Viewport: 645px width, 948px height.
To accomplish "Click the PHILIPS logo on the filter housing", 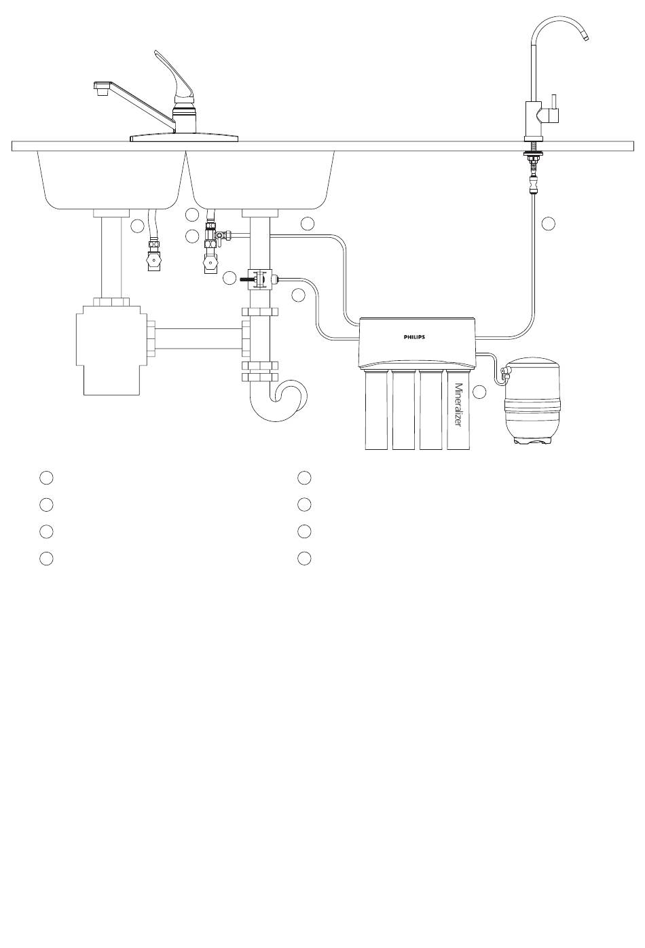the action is coord(413,337).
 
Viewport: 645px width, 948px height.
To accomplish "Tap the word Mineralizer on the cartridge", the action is coord(458,406).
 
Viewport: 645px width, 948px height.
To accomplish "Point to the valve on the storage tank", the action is coord(504,372).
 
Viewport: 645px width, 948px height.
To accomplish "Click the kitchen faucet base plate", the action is coord(184,137).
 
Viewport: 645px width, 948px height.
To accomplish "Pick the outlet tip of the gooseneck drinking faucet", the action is coord(585,37).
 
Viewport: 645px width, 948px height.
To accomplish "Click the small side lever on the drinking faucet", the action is coord(554,103).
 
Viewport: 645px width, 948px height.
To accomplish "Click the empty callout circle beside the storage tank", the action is coord(479,392).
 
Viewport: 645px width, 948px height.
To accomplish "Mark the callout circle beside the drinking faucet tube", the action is coord(548,223).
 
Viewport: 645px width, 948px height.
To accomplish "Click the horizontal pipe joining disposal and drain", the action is coord(199,338).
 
